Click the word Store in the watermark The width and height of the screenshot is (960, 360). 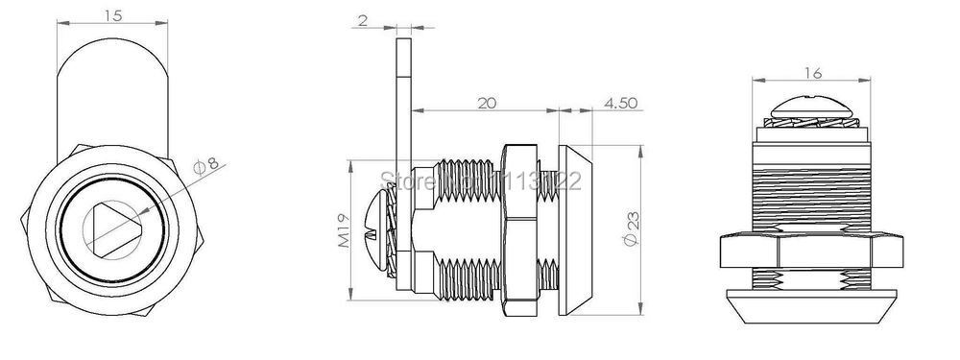403,179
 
